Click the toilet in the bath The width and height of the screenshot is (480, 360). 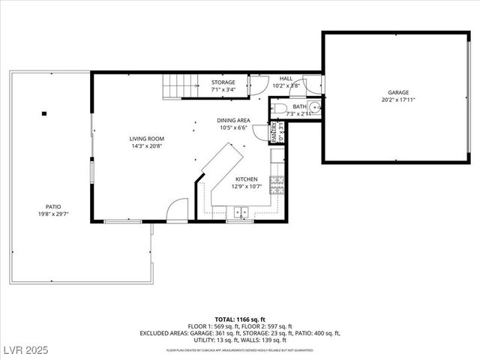click(279, 109)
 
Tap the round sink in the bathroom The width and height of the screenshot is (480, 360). click(315, 107)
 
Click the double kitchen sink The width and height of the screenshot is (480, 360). click(240, 211)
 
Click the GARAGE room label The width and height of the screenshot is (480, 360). click(398, 92)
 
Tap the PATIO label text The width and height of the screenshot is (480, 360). click(52, 206)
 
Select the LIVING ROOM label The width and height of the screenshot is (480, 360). click(146, 139)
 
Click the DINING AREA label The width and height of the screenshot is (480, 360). click(234, 120)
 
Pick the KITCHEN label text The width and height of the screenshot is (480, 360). click(247, 179)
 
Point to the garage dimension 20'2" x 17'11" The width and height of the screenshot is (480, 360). click(398, 100)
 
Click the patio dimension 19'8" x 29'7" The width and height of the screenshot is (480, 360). click(52, 214)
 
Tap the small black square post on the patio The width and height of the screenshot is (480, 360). click(44, 113)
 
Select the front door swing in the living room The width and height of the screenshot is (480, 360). click(178, 211)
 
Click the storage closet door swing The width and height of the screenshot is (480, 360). click(259, 85)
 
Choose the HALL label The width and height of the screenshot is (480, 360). click(286, 78)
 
